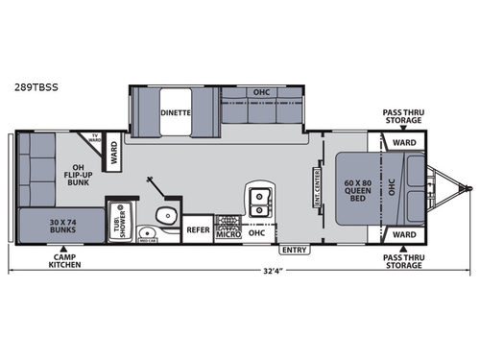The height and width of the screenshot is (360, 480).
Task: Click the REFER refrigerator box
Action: [198, 229]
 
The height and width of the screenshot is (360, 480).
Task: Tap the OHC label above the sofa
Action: [261, 92]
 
